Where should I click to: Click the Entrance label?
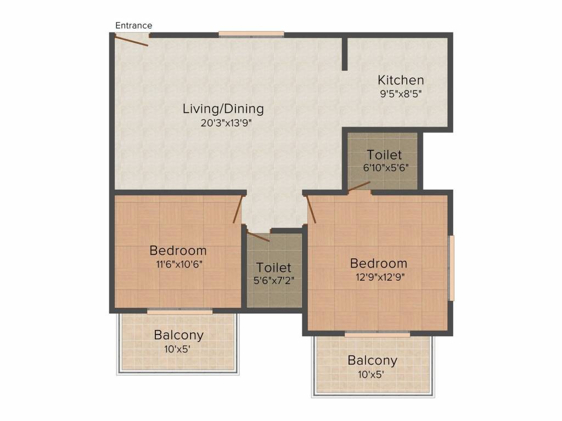click(134, 25)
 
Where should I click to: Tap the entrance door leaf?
click(131, 40)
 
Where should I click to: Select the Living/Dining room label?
click(223, 109)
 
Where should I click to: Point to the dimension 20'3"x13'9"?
click(226, 123)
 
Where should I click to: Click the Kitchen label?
click(401, 80)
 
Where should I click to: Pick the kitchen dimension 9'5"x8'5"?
click(401, 94)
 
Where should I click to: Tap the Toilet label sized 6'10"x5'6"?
click(384, 155)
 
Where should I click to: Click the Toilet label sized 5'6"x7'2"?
click(273, 268)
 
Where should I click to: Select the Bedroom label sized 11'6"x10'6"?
click(178, 250)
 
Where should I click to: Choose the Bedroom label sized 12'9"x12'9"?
click(379, 263)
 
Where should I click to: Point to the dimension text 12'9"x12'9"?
click(380, 277)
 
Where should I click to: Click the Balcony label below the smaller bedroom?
click(179, 335)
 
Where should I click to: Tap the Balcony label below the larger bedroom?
click(373, 360)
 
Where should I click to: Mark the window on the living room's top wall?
click(251, 35)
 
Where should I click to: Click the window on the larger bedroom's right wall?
click(451, 268)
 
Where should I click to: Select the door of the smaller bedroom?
click(238, 209)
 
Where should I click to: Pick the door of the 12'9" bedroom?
click(311, 209)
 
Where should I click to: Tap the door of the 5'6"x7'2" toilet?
click(258, 237)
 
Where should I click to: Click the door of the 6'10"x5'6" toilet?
click(359, 187)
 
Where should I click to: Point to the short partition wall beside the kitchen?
click(345, 53)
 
